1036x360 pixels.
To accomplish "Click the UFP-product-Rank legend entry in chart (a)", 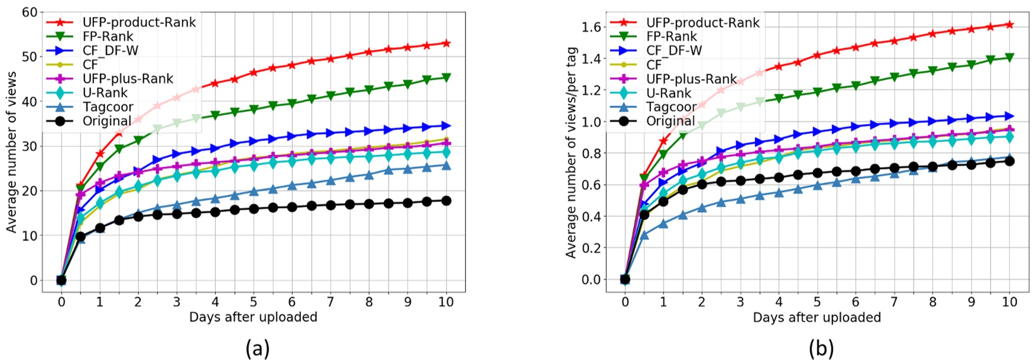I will point(139,22).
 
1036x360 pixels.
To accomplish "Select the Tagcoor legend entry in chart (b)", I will point(671,107).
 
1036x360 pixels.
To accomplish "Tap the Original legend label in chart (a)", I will point(107,121).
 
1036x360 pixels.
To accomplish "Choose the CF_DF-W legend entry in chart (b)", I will point(674,50).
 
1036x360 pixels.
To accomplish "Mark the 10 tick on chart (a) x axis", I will point(446,302).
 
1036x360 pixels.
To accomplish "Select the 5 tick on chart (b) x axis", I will point(817,302).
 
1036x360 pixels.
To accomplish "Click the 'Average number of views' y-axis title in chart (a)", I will point(12,152).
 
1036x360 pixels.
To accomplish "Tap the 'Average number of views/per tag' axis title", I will point(571,152).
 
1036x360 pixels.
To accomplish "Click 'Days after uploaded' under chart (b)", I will point(817,317).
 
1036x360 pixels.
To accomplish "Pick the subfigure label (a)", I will point(257,349).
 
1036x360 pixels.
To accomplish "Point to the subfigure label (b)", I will point(821,349).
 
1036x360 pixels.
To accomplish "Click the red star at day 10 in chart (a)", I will point(446,43).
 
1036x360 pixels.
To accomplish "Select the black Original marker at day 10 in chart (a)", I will point(446,201).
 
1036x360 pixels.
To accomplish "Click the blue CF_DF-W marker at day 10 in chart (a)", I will point(446,126).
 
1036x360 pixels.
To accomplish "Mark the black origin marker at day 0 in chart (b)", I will point(625,279).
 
